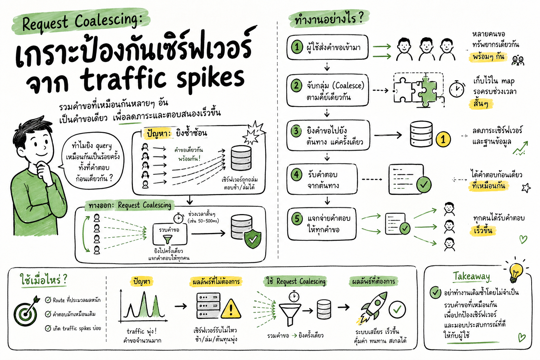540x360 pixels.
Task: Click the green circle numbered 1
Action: [297, 47]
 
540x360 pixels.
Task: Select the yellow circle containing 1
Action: [443, 139]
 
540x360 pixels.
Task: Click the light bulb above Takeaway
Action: [516, 272]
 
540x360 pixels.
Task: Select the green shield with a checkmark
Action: [253, 239]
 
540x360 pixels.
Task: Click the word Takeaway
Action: [471, 277]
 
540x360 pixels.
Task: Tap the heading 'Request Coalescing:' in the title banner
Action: [82, 22]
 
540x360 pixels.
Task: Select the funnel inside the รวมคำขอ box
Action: [168, 239]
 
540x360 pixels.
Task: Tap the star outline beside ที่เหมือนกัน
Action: [526, 188]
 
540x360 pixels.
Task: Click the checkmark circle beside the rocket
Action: [397, 309]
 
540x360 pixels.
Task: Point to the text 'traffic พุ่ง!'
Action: [142, 331]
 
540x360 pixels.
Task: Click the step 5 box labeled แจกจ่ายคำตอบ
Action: [322, 224]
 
